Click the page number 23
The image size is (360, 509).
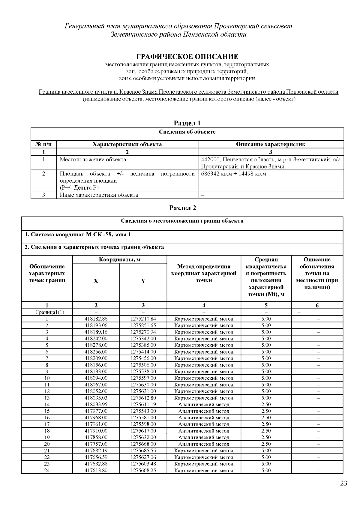pos(343,483)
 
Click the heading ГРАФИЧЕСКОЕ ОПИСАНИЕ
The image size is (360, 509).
pos(187,57)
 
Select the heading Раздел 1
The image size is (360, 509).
pos(187,123)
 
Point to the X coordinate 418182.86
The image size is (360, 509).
pos(96,319)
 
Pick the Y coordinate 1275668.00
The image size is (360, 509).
pos(143,444)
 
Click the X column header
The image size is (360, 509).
pos(96,281)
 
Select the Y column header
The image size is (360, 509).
pos(143,281)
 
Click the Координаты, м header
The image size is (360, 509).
pos(120,259)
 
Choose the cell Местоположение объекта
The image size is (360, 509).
pos(93,160)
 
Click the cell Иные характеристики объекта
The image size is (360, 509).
pos(99,195)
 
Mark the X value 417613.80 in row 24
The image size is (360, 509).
pos(96,470)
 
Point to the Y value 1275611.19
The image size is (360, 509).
pos(143,404)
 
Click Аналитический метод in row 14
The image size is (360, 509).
pos(204,404)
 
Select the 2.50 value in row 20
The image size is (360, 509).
pos(266,444)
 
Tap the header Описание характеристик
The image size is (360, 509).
pos(271,144)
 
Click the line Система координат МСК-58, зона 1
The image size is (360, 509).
pos(78,235)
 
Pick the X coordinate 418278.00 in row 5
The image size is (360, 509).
pos(96,345)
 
